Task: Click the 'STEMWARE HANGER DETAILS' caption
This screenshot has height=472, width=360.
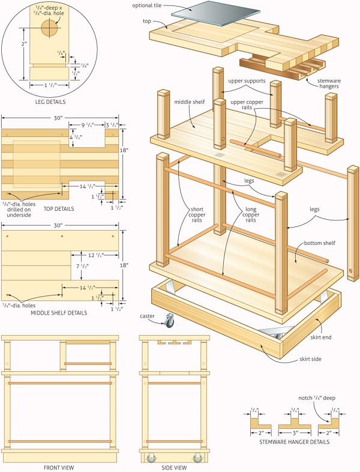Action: tap(294, 442)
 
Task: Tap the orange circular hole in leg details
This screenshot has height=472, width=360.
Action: tap(50, 28)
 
